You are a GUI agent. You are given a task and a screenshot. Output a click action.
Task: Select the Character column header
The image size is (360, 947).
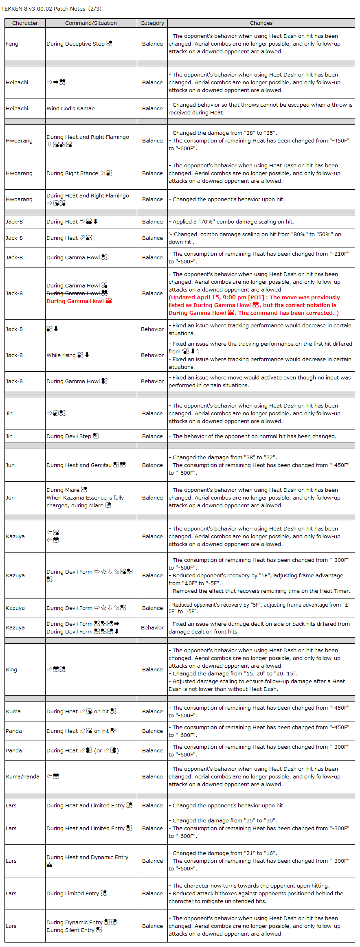coord(25,23)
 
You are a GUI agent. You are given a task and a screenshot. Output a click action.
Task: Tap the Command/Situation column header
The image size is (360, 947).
coord(91,23)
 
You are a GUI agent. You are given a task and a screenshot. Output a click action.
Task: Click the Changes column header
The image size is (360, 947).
coord(261,23)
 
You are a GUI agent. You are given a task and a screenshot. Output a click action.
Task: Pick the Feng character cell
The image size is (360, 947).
coord(12,44)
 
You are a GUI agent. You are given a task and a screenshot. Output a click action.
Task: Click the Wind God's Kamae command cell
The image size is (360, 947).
coord(71,109)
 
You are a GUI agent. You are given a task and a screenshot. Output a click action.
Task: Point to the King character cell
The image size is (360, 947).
coord(11,669)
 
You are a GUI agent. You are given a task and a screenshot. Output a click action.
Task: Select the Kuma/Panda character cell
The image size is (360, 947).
coord(22,776)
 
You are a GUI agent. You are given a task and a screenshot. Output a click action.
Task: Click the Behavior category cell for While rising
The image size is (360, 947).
coord(152,355)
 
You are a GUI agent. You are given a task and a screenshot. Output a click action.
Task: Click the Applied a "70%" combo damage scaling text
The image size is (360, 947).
coord(231,222)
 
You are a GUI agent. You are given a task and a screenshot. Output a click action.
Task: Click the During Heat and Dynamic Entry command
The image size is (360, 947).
coord(87,857)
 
